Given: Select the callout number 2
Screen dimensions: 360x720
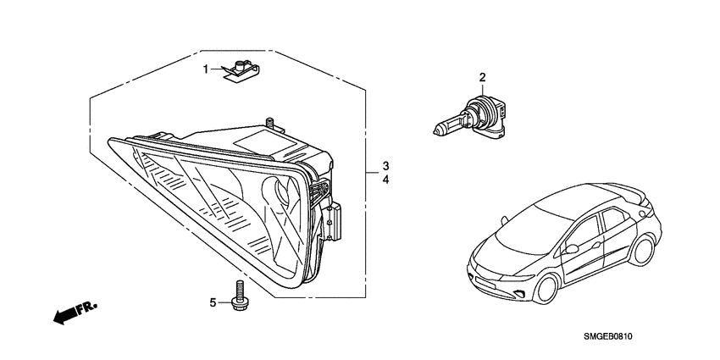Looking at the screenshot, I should [x=482, y=78].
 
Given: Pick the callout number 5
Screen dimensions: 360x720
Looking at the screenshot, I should [x=213, y=302].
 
